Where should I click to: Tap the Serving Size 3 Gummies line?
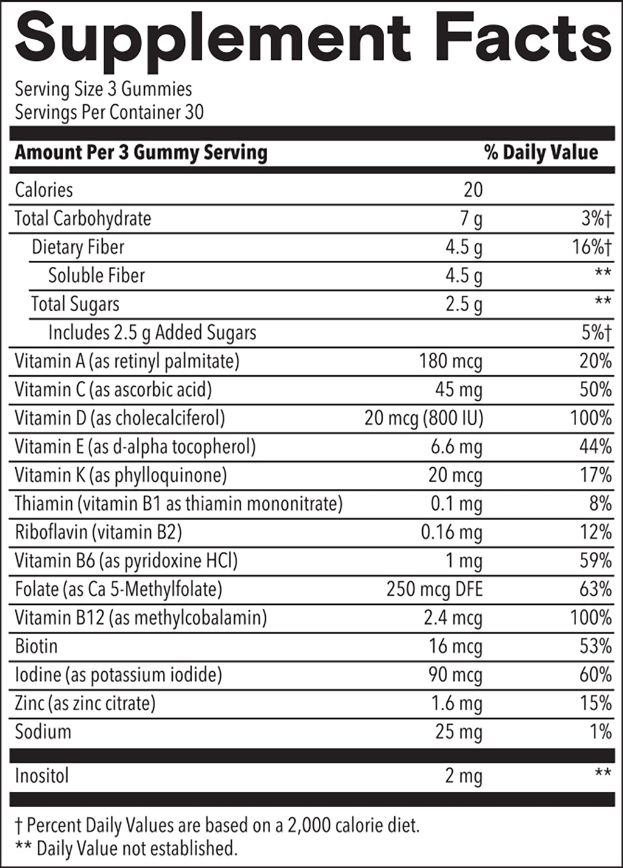103,89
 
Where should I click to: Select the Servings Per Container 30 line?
109,112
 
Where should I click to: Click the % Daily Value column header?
541,152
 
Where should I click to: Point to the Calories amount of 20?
473,189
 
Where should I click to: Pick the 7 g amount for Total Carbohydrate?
471,219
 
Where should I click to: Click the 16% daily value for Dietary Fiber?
591,247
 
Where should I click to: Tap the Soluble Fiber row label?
96,275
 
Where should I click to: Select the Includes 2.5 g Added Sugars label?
152,333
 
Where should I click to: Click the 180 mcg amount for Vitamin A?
450,361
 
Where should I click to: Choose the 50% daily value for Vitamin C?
595,390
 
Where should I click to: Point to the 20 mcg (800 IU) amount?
423,418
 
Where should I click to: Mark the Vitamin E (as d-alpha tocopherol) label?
135,447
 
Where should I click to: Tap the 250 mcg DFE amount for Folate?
434,590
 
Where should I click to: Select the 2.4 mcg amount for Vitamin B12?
453,618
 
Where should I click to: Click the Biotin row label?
36,646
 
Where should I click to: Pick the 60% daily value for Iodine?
595,675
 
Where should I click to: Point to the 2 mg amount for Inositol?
463,776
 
